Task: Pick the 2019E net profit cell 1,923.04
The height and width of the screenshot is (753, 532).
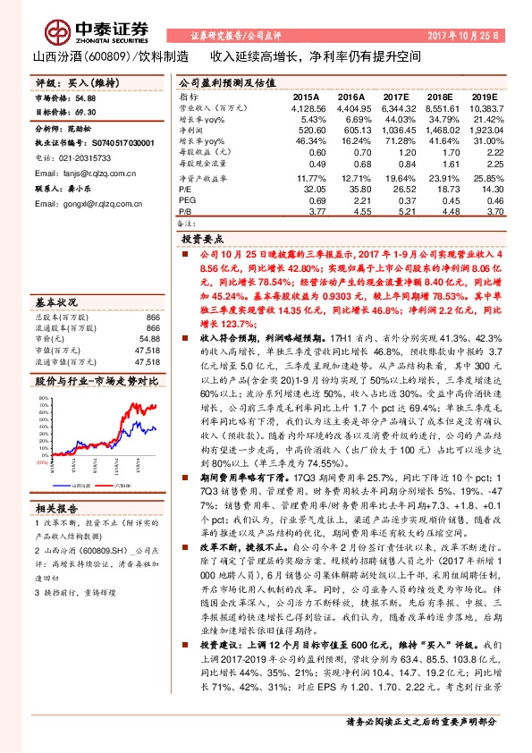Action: [481, 130]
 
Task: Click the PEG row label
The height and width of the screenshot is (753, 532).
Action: [187, 201]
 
